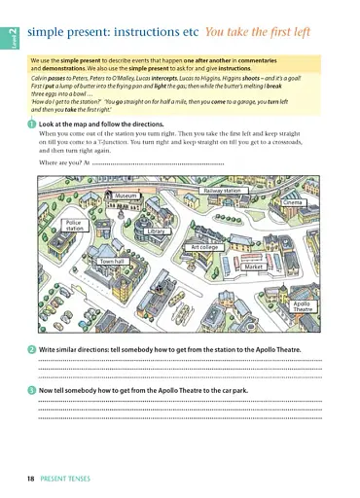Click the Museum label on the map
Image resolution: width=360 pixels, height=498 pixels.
[x=126, y=196]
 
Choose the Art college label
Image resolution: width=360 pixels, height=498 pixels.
[x=205, y=248]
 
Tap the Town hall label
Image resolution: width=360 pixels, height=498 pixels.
[x=112, y=262]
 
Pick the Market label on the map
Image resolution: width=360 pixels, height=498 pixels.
[x=254, y=266]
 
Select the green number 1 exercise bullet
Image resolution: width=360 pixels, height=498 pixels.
[x=32, y=125]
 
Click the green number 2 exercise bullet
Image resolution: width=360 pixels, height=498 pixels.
[x=32, y=349]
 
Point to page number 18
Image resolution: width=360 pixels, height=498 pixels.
[x=32, y=479]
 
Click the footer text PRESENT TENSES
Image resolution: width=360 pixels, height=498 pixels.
[x=67, y=479]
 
